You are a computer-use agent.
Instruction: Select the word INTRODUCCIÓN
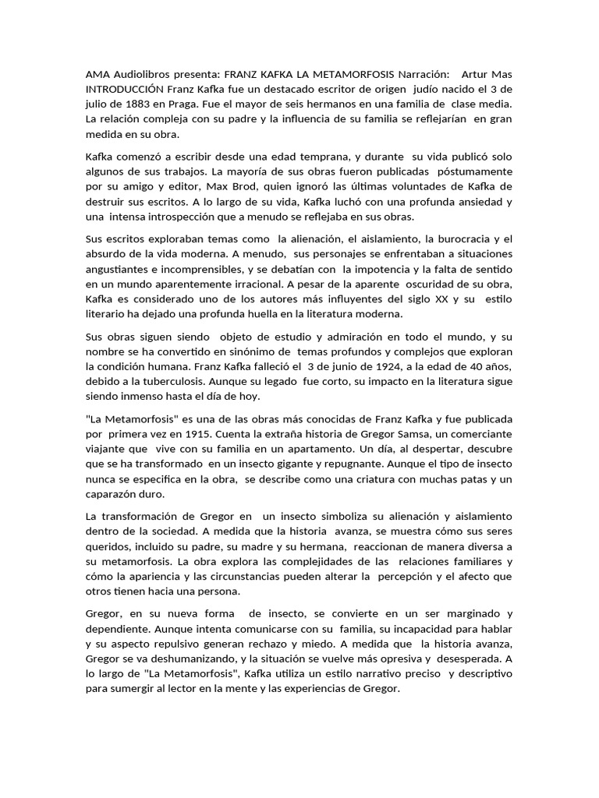124,89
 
